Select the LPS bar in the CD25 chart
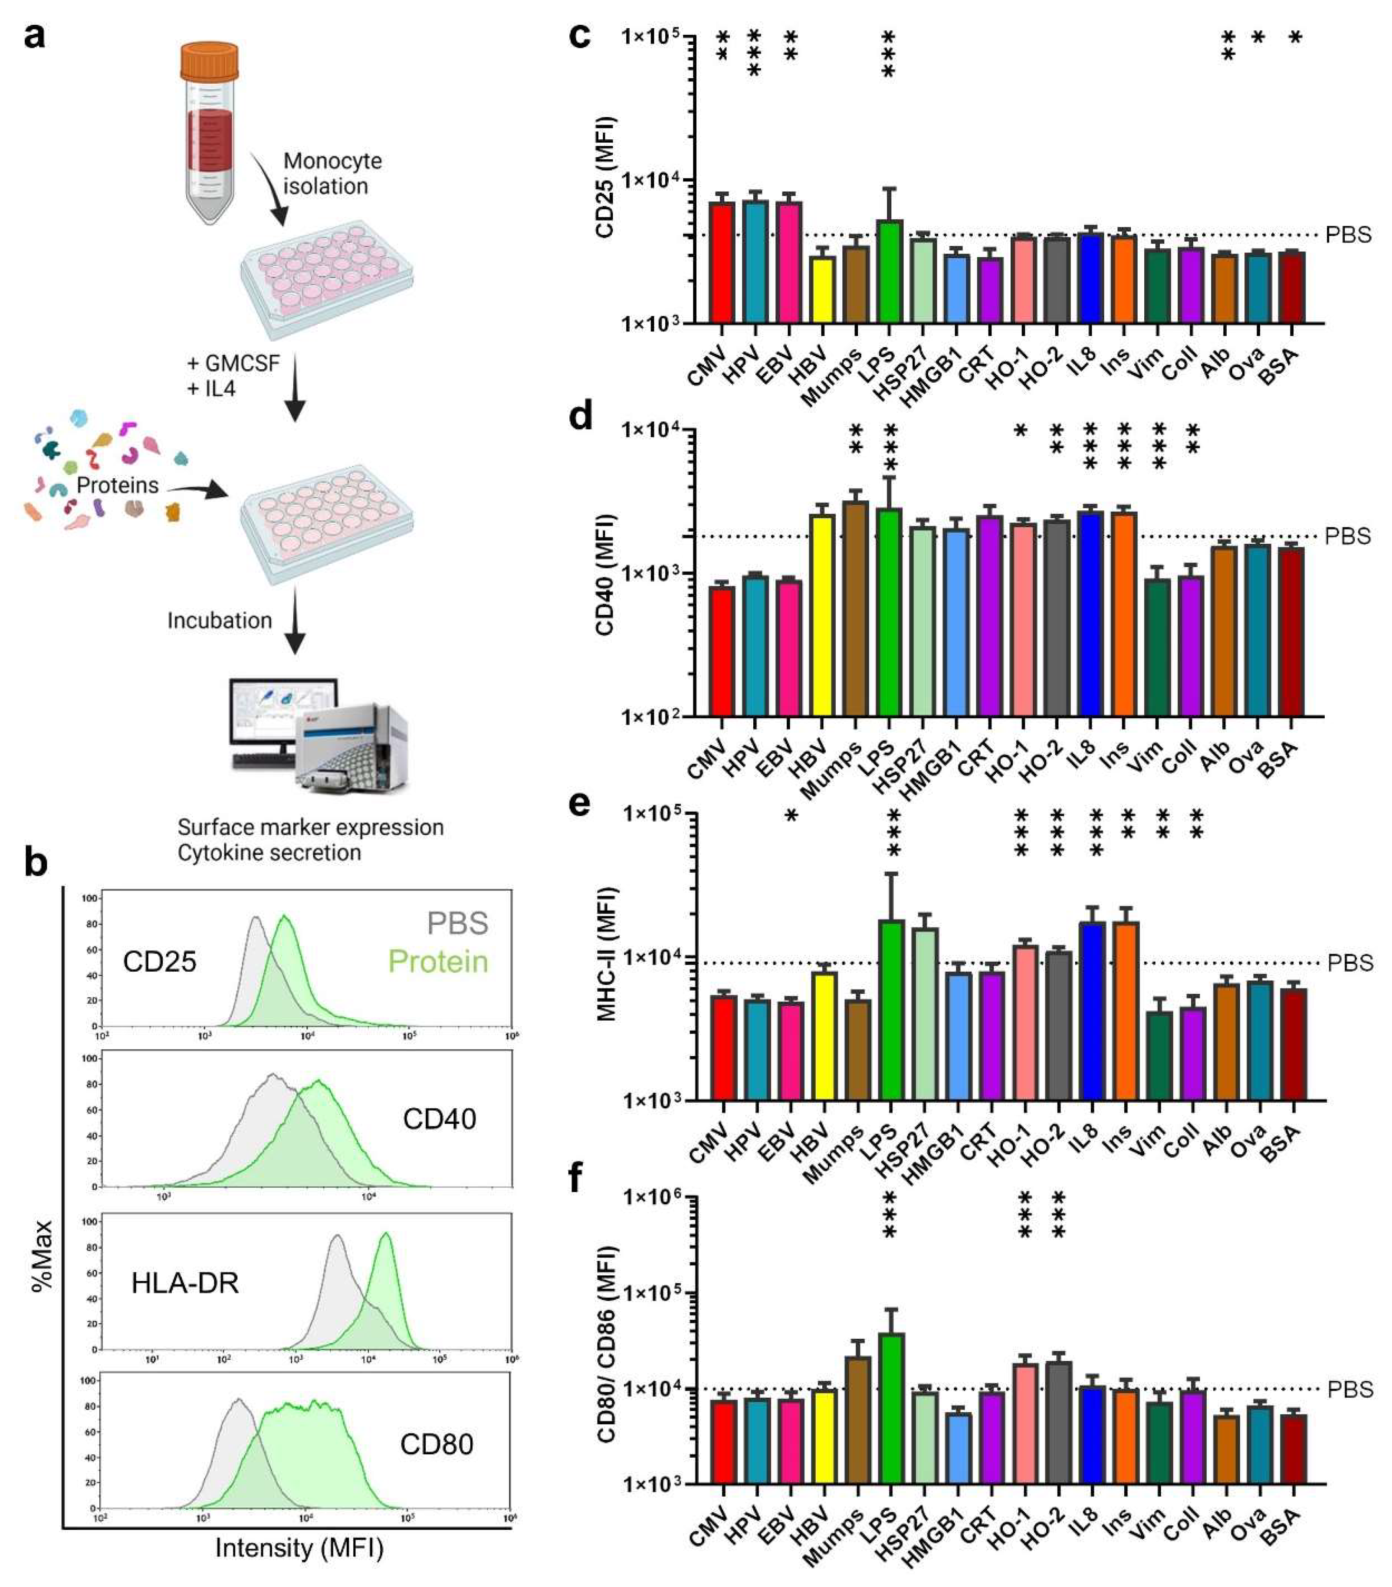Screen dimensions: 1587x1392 pos(890,272)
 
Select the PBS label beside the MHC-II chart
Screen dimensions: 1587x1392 pos(1350,963)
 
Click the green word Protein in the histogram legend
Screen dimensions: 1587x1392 pos(438,961)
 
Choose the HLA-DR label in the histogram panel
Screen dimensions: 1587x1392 pos(185,1283)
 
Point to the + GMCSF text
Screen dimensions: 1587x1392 pos(233,363)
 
